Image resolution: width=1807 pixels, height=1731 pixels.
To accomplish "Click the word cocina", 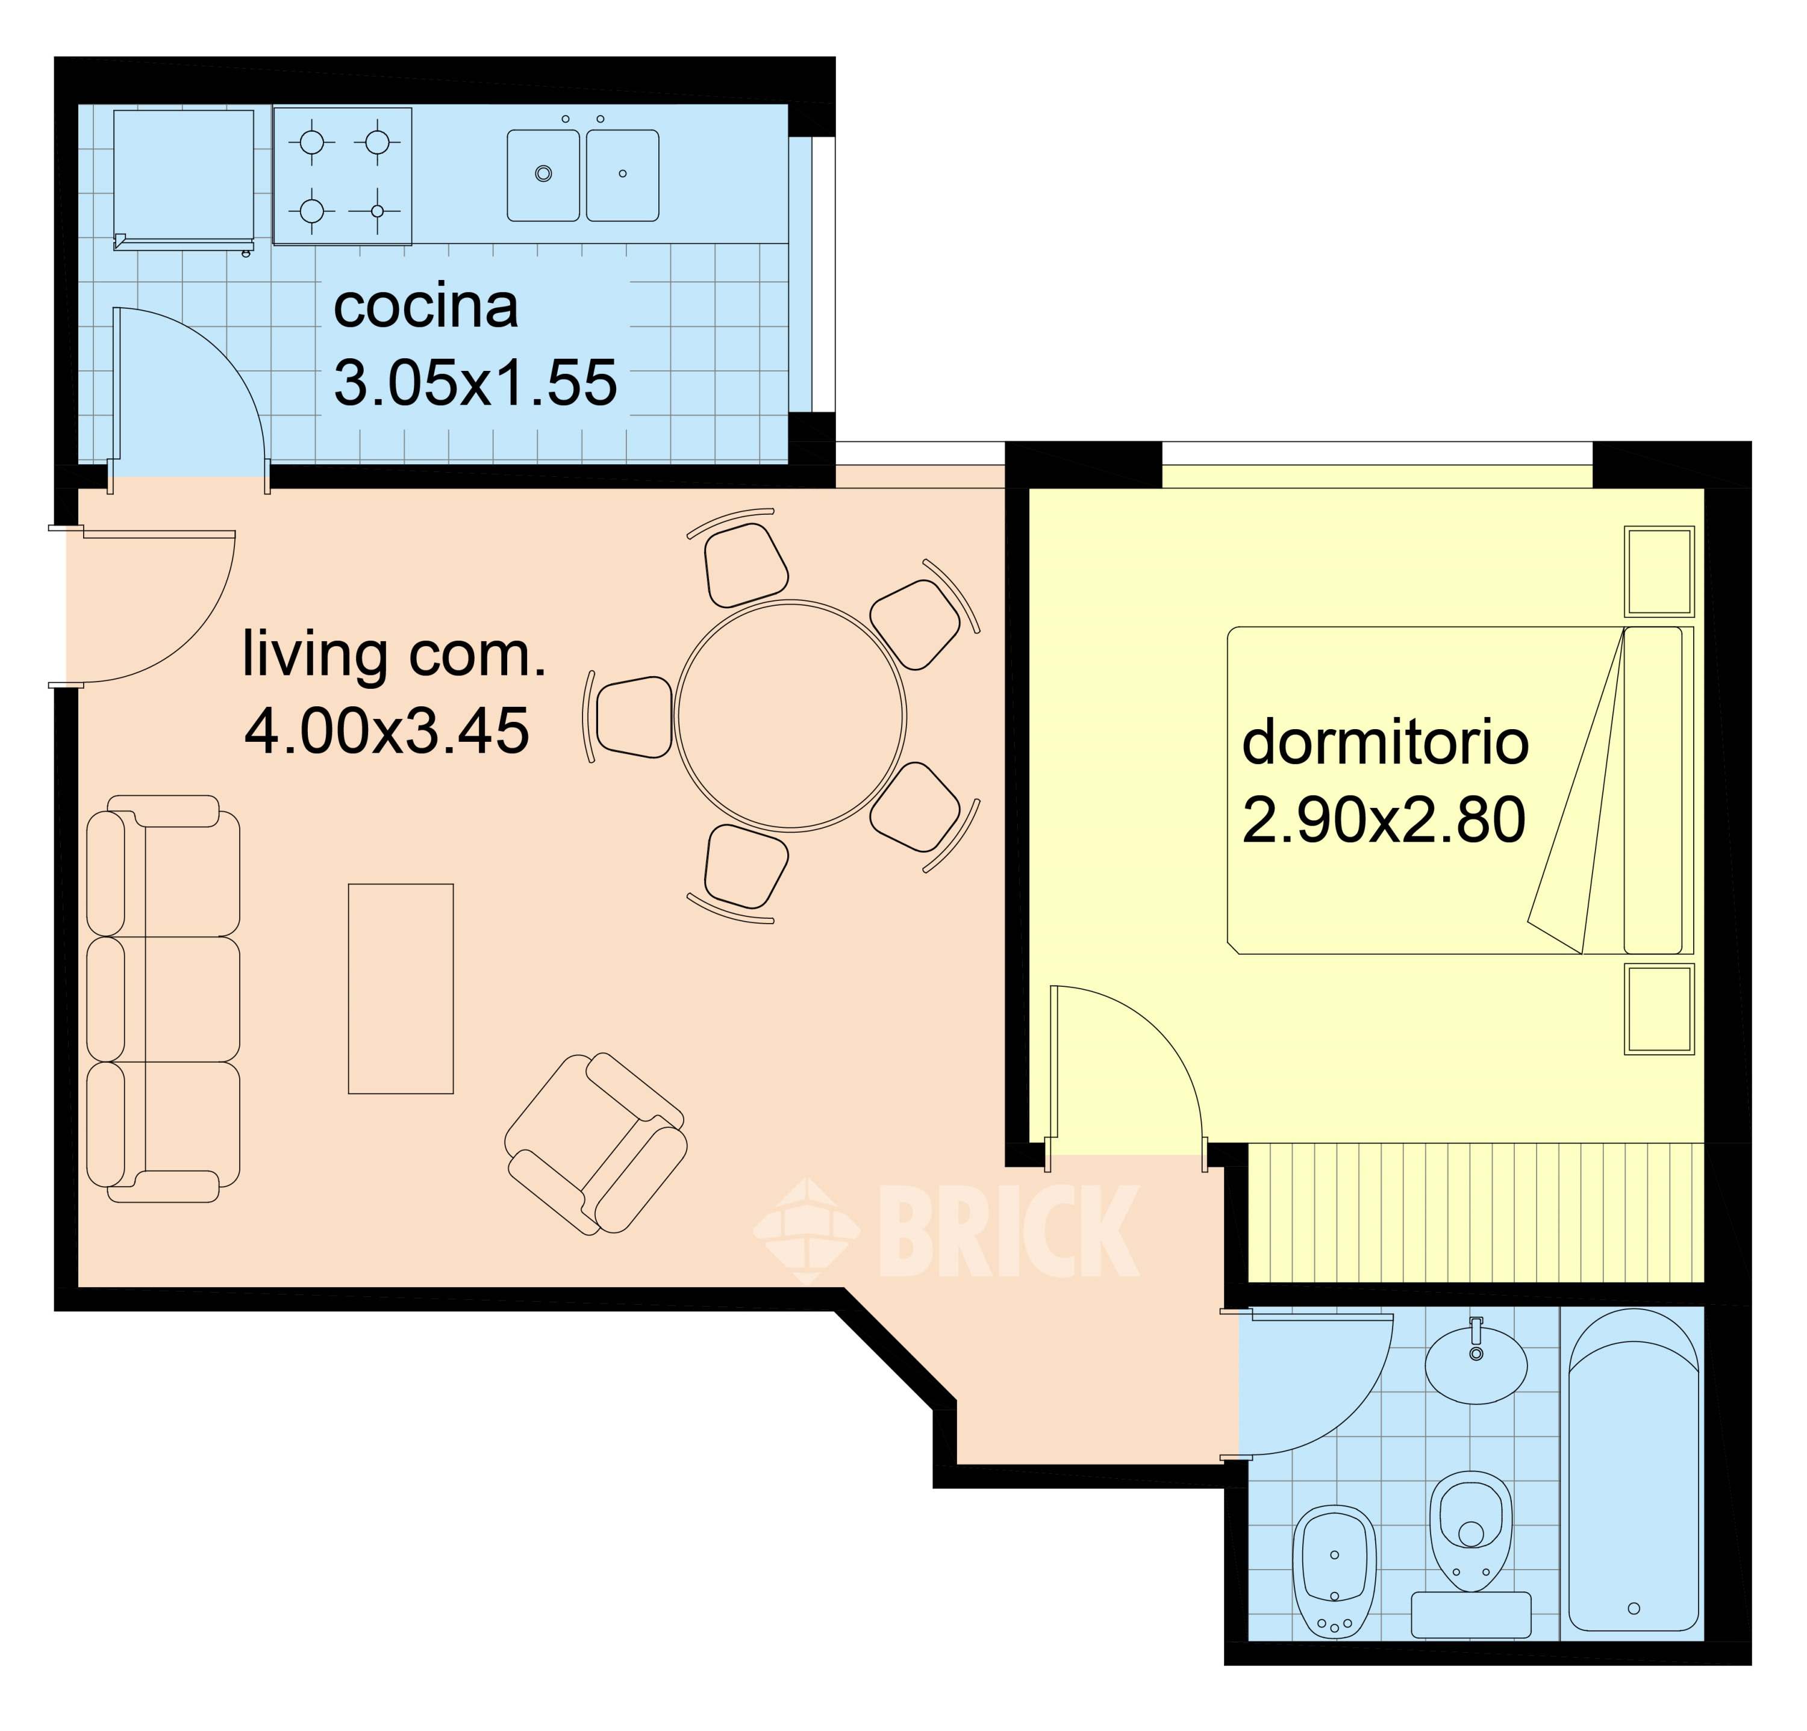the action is click(425, 307).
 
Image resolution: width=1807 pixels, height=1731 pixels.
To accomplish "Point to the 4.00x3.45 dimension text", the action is click(387, 732).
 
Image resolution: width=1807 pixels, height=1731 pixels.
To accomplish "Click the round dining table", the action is click(791, 715).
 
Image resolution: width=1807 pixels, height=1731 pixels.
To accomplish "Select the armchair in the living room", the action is click(596, 1144).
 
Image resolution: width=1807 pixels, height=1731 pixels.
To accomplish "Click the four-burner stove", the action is click(342, 176).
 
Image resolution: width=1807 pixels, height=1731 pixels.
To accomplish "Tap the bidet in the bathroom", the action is click(1335, 1573).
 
